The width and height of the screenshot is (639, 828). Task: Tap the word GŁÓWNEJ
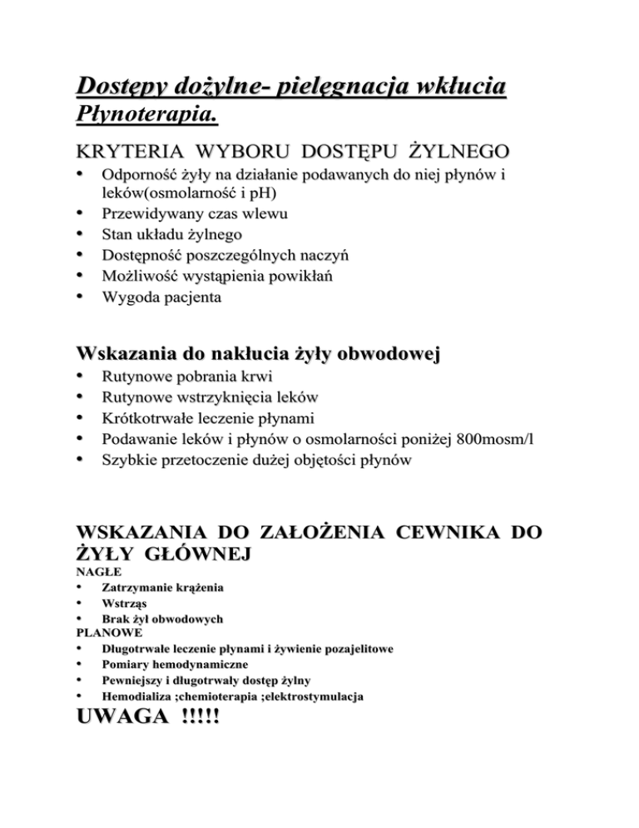(184, 553)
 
